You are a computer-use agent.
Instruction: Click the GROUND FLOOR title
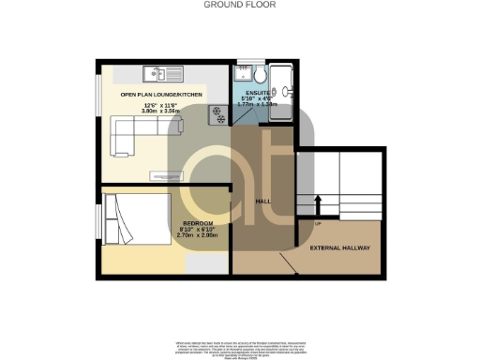point(239,5)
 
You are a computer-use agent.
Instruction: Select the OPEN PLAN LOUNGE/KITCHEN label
point(162,94)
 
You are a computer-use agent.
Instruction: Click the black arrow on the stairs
point(318,203)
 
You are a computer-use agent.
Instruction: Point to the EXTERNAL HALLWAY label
point(338,247)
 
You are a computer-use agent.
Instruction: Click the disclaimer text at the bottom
point(239,344)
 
